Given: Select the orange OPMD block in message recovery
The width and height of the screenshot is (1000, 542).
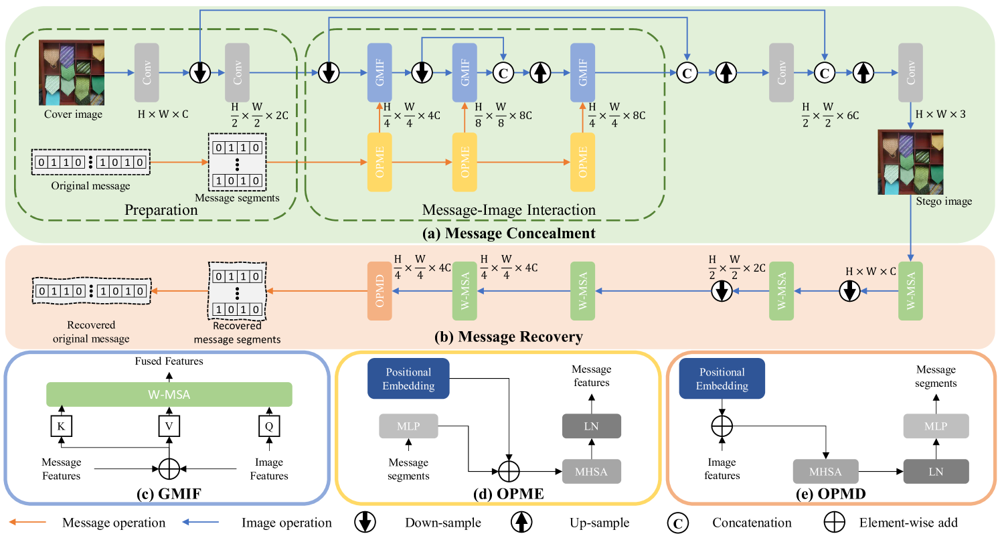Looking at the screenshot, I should [x=378, y=290].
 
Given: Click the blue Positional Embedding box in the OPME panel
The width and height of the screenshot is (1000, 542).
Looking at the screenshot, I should [x=408, y=379].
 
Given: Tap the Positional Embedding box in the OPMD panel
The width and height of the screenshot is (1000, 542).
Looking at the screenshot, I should [x=722, y=379].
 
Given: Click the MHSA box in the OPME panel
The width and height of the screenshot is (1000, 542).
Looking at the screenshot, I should [x=591, y=472].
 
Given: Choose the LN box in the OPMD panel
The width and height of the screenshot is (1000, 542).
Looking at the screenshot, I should [x=936, y=472].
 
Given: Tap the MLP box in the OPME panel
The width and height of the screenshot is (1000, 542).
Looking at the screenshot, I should [x=408, y=426].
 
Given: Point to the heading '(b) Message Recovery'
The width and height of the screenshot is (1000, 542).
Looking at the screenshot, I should [x=509, y=337].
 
